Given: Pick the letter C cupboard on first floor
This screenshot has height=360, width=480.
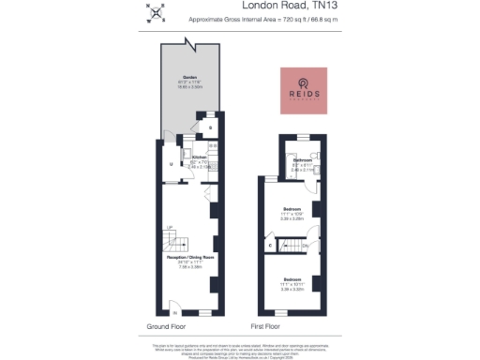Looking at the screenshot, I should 272,245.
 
